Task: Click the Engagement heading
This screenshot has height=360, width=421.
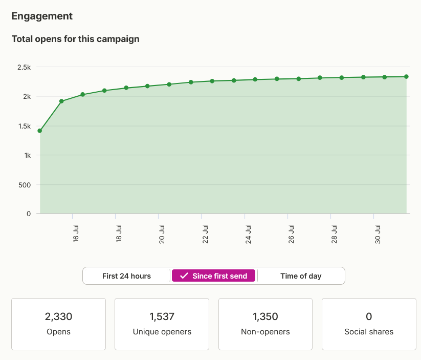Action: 42,16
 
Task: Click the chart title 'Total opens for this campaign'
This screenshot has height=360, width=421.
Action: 75,39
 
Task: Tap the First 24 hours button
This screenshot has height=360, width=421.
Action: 126,276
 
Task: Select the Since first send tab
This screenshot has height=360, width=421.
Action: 213,276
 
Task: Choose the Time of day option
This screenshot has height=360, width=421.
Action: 301,276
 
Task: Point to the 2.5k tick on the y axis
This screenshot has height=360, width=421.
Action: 24,67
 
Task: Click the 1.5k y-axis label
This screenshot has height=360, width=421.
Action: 25,126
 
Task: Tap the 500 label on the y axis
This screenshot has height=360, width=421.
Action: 25,185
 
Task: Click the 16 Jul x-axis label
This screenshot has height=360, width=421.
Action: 76,234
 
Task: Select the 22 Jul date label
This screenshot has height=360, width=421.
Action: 205,234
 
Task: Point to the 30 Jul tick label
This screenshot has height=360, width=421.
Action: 378,234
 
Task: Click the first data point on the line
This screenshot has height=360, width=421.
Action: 40,131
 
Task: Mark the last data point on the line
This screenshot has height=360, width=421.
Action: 406,77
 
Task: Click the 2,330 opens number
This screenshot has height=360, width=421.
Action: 58,316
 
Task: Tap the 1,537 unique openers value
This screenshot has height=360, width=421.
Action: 162,316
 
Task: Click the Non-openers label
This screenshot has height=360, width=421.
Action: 265,332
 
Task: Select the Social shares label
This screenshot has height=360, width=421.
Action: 369,332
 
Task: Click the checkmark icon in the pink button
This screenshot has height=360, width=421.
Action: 184,276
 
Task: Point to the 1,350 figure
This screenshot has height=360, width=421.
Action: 265,316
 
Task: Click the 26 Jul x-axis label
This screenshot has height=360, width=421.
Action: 291,234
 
